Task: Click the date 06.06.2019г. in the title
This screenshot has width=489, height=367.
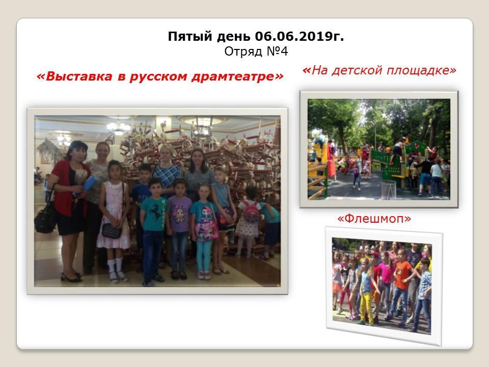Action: tap(300, 37)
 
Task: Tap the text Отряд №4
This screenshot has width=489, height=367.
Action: tap(256, 51)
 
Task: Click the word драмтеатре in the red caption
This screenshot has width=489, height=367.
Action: tap(237, 76)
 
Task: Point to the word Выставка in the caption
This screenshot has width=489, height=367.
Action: tap(75, 76)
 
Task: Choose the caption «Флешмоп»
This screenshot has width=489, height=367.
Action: tap(374, 219)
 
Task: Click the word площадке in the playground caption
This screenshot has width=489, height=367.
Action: tap(422, 70)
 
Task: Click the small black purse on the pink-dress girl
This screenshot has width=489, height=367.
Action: tap(112, 230)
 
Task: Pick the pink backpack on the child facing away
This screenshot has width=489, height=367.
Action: tap(251, 212)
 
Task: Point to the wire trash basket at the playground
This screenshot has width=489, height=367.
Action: tap(388, 189)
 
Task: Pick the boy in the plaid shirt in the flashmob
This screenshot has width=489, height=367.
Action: tap(423, 294)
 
